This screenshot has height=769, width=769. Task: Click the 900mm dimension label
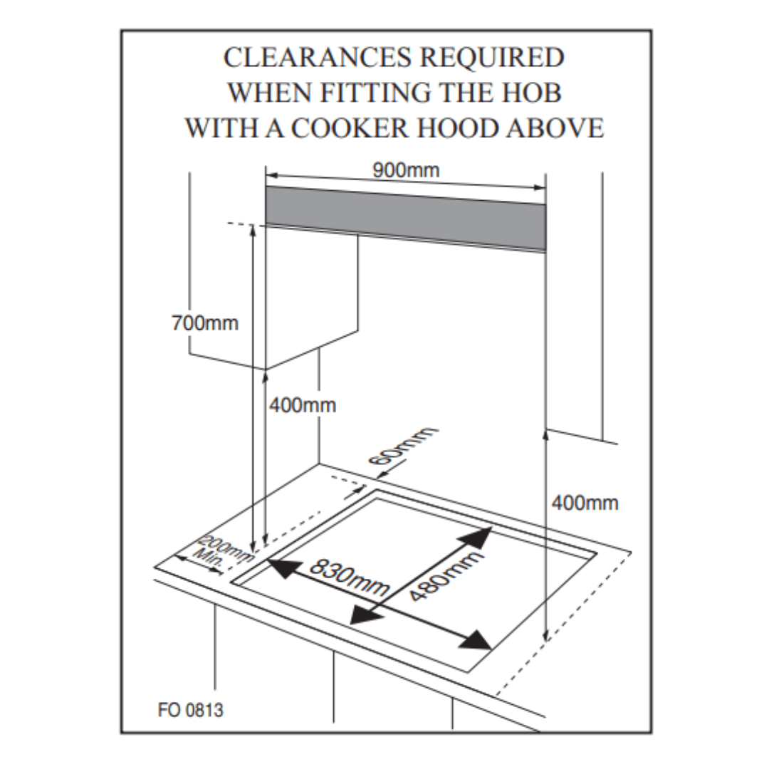pos(406,171)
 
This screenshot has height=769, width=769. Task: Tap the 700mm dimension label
pos(205,323)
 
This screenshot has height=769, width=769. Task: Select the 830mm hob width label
pos(349,578)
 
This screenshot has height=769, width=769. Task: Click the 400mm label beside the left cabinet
pos(303,406)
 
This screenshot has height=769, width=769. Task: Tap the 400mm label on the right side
pos(585,503)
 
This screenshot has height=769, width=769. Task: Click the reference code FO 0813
pos(190,710)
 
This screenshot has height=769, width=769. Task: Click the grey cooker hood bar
pos(406,217)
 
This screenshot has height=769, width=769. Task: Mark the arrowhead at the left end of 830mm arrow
pos(279,567)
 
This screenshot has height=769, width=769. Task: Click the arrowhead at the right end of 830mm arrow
pos(476,640)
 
